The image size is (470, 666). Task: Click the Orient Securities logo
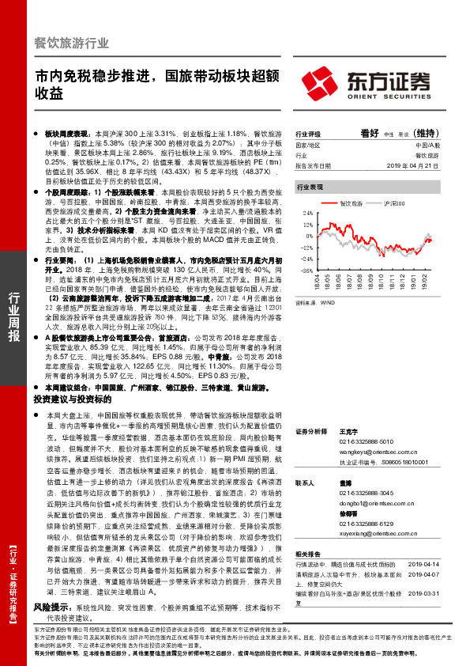(376, 82)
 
